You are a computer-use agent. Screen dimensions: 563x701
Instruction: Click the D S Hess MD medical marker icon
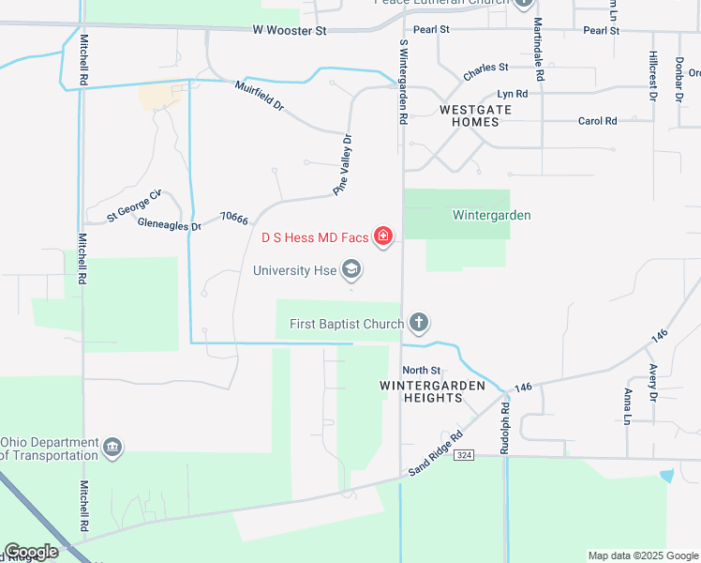pyautogui.click(x=382, y=236)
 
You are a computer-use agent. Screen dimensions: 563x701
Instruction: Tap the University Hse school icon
pyautogui.click(x=351, y=271)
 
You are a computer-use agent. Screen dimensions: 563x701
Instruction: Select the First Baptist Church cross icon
pyautogui.click(x=418, y=325)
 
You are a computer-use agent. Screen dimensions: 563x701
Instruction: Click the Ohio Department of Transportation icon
pyautogui.click(x=112, y=447)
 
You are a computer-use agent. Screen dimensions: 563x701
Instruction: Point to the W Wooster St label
pyautogui.click(x=289, y=31)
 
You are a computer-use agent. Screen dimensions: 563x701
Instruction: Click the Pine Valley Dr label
pyautogui.click(x=343, y=165)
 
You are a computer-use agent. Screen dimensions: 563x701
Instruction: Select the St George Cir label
pyautogui.click(x=134, y=205)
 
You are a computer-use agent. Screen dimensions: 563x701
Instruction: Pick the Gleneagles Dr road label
pyautogui.click(x=169, y=225)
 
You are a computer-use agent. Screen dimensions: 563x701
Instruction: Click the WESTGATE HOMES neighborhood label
pyautogui.click(x=476, y=115)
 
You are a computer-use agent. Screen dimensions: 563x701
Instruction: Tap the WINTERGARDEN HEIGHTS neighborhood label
pyautogui.click(x=432, y=391)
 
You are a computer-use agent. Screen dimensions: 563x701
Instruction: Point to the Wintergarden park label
pyautogui.click(x=491, y=215)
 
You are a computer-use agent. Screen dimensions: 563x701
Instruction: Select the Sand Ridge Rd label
pyautogui.click(x=436, y=453)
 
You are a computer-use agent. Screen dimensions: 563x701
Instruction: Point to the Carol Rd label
pyautogui.click(x=597, y=121)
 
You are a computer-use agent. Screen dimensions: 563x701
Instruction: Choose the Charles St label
pyautogui.click(x=485, y=68)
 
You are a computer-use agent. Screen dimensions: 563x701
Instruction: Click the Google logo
pyautogui.click(x=31, y=552)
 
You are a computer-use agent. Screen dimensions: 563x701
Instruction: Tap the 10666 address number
pyautogui.click(x=233, y=219)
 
